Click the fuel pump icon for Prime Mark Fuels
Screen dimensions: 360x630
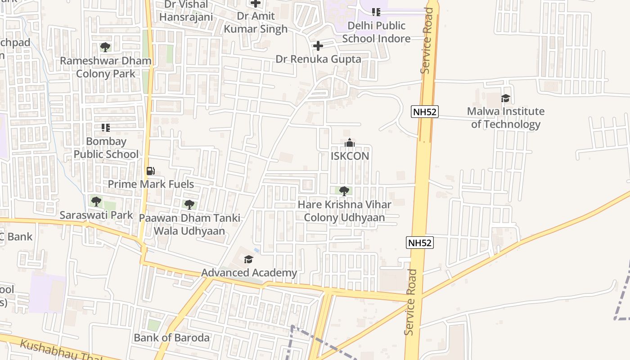coord(151,171)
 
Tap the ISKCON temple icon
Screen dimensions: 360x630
coord(350,143)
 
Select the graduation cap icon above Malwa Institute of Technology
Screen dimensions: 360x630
coord(505,98)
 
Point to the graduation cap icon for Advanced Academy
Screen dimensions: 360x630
coord(248,259)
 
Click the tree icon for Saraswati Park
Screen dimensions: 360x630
coord(96,202)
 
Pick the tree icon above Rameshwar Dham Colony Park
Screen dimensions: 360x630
coord(105,47)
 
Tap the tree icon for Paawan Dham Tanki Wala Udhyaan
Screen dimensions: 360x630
coord(189,205)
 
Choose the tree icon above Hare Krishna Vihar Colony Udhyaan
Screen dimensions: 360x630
coord(344,191)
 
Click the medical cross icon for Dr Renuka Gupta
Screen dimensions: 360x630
coord(318,46)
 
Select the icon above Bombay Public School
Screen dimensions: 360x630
coord(106,128)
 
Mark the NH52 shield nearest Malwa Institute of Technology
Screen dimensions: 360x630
coord(424,112)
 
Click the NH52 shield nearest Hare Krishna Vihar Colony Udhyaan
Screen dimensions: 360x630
coord(419,243)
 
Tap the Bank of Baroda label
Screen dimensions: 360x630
coord(171,337)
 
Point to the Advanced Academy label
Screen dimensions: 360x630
coord(249,273)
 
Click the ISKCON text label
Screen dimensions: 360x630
coord(350,156)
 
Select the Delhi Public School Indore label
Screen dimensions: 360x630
coord(376,32)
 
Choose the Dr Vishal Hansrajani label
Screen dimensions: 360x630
coord(186,10)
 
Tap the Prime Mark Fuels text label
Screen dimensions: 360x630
coord(151,184)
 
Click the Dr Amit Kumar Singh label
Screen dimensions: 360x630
coord(256,22)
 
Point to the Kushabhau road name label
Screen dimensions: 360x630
coord(58,351)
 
